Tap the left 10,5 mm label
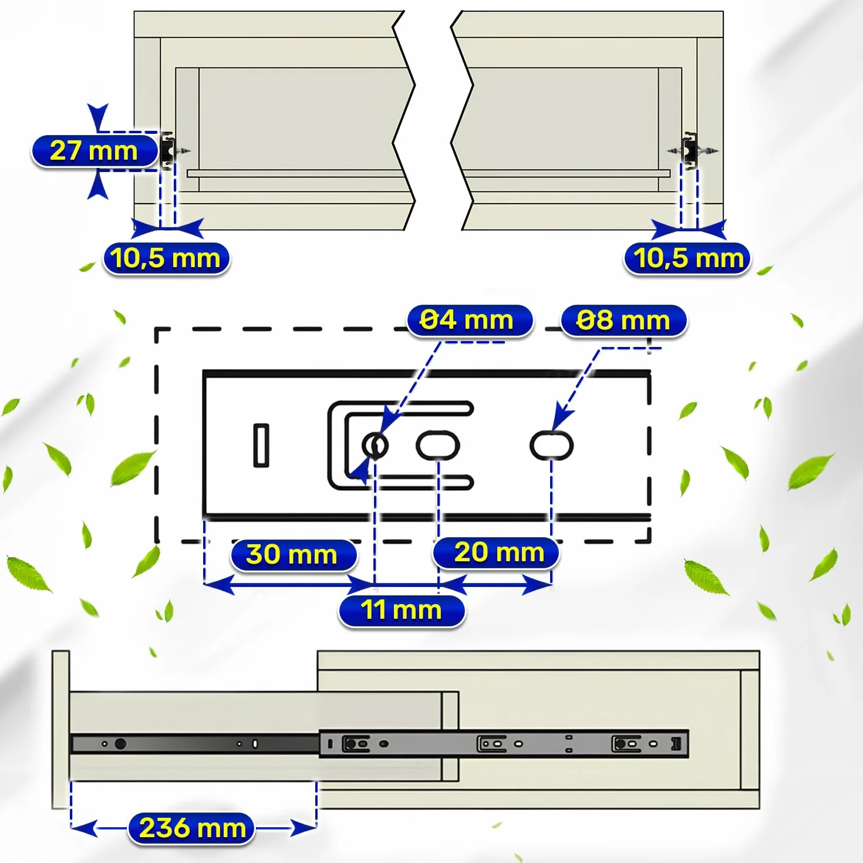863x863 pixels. click(166, 258)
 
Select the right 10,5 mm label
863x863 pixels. click(686, 258)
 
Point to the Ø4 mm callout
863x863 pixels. click(470, 321)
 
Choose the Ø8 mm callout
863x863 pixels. click(623, 321)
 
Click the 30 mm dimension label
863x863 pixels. click(294, 555)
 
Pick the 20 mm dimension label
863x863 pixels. click(495, 552)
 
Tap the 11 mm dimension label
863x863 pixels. click(402, 611)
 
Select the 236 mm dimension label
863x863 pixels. click(191, 828)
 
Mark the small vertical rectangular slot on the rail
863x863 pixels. click(262, 446)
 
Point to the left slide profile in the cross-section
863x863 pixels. click(167, 151)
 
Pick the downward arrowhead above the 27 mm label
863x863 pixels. click(97, 117)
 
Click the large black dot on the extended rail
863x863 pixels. click(120, 744)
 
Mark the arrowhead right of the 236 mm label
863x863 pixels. click(304, 828)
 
